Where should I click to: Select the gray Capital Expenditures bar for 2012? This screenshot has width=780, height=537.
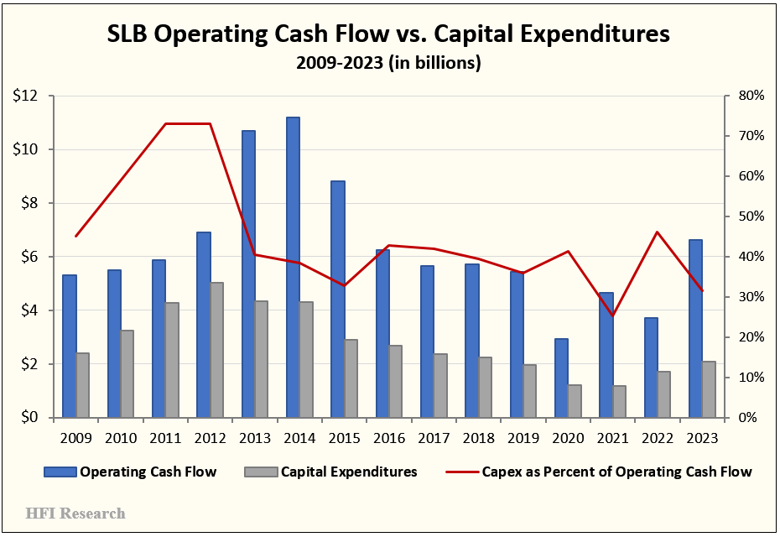[216, 350]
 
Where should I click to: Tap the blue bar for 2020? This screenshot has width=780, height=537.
[562, 378]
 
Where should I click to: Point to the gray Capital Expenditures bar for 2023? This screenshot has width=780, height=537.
[709, 389]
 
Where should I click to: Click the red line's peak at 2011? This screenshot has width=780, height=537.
[165, 123]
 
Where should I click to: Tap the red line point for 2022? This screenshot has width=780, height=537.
[658, 232]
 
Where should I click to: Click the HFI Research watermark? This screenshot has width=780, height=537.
[75, 513]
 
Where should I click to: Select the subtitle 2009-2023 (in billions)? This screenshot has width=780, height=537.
[388, 64]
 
